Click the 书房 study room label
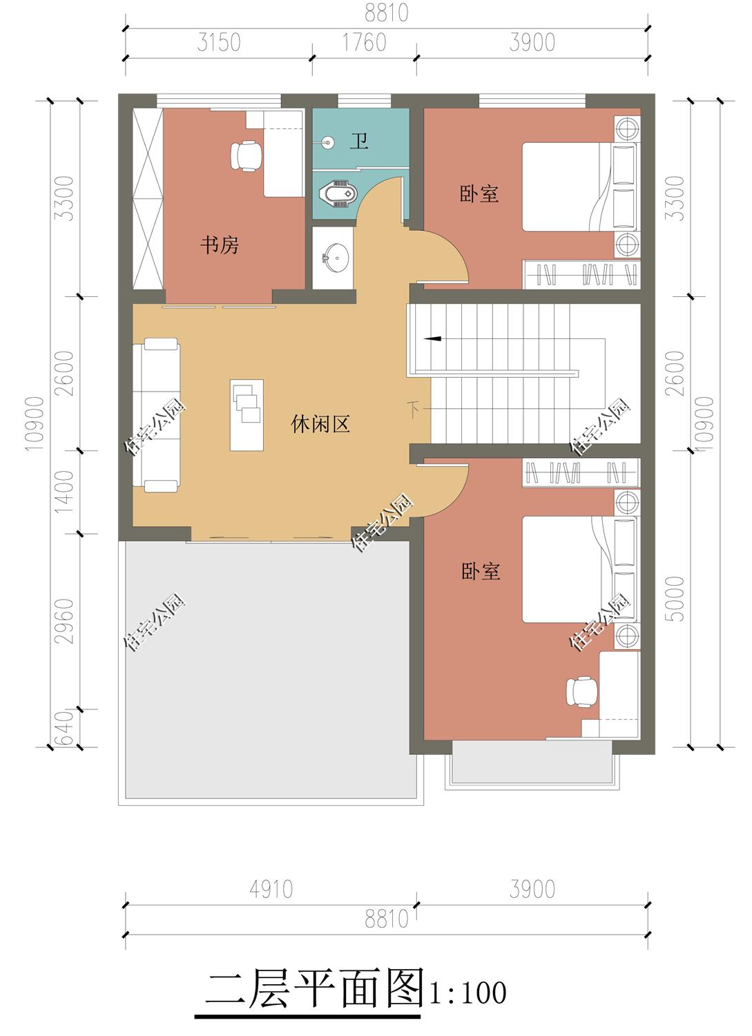coord(220,244)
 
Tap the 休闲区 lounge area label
coord(320,423)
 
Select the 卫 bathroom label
coord(359,141)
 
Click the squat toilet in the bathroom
coord(336,193)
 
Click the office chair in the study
coord(246,155)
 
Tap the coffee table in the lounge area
coord(247,415)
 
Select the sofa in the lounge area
coord(156,414)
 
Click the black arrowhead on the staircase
coord(432,338)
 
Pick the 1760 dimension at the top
coord(364,43)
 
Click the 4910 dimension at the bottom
coord(271,889)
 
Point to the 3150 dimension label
coord(219,43)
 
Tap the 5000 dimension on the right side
coord(676,598)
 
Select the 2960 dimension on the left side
coord(64,621)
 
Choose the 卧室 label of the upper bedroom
coord(479,194)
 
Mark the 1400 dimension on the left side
coord(64,492)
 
